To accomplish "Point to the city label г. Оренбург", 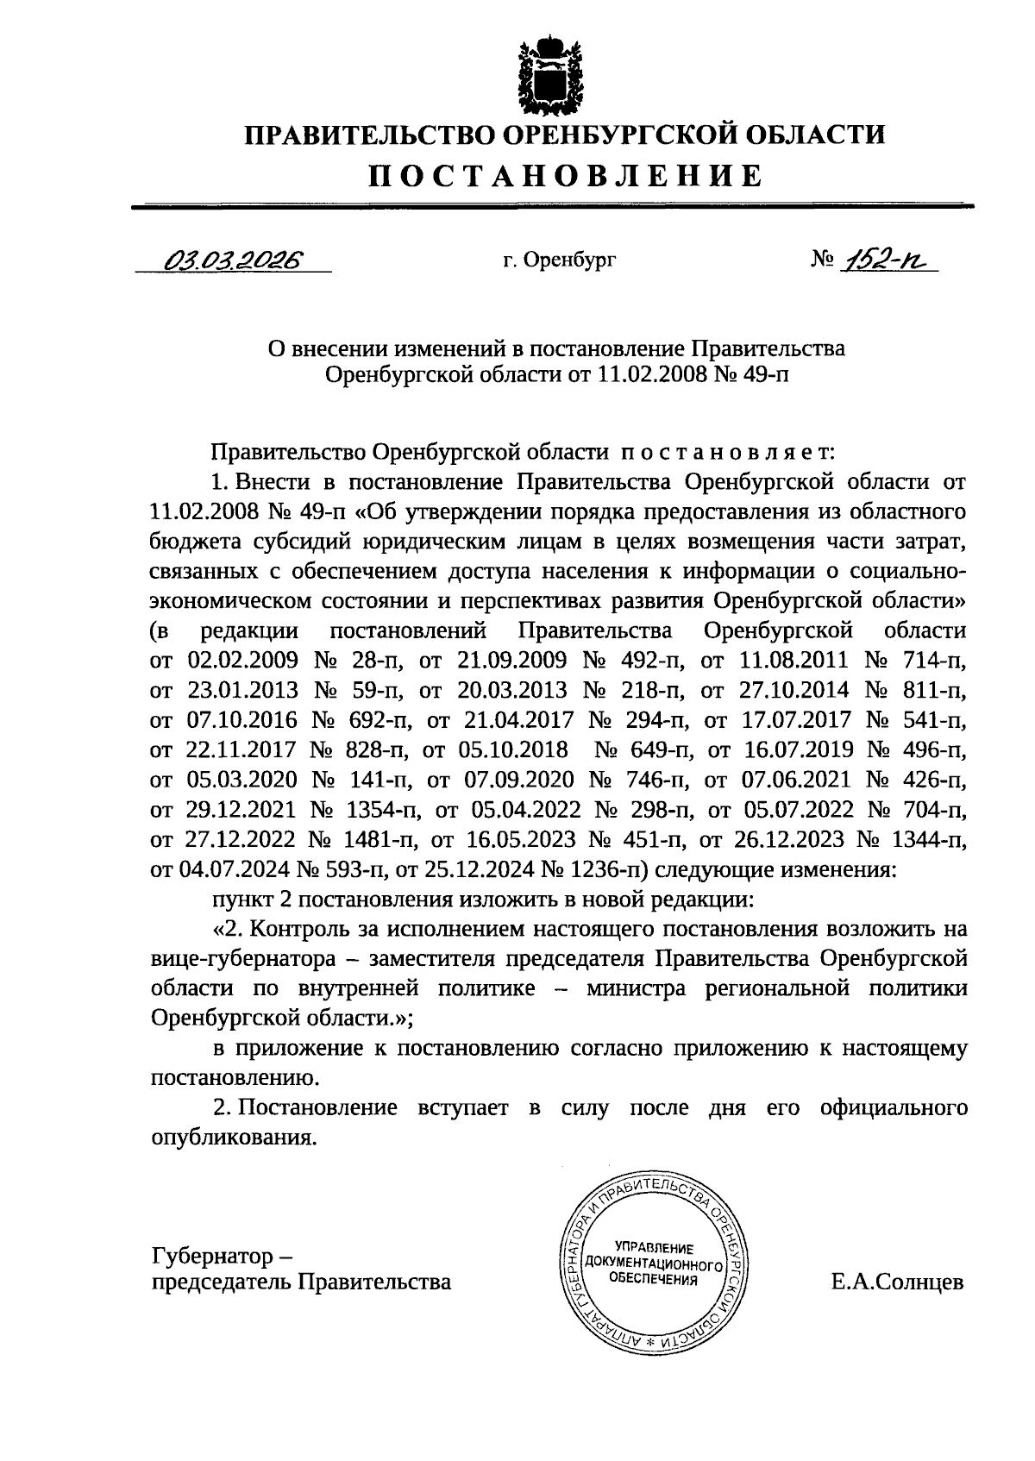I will pyautogui.click(x=560, y=259).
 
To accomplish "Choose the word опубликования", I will pyautogui.click(x=229, y=1138).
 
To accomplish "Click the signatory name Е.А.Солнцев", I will pyautogui.click(x=897, y=1282).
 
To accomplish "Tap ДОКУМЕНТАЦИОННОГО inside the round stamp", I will pyautogui.click(x=652, y=1264).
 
